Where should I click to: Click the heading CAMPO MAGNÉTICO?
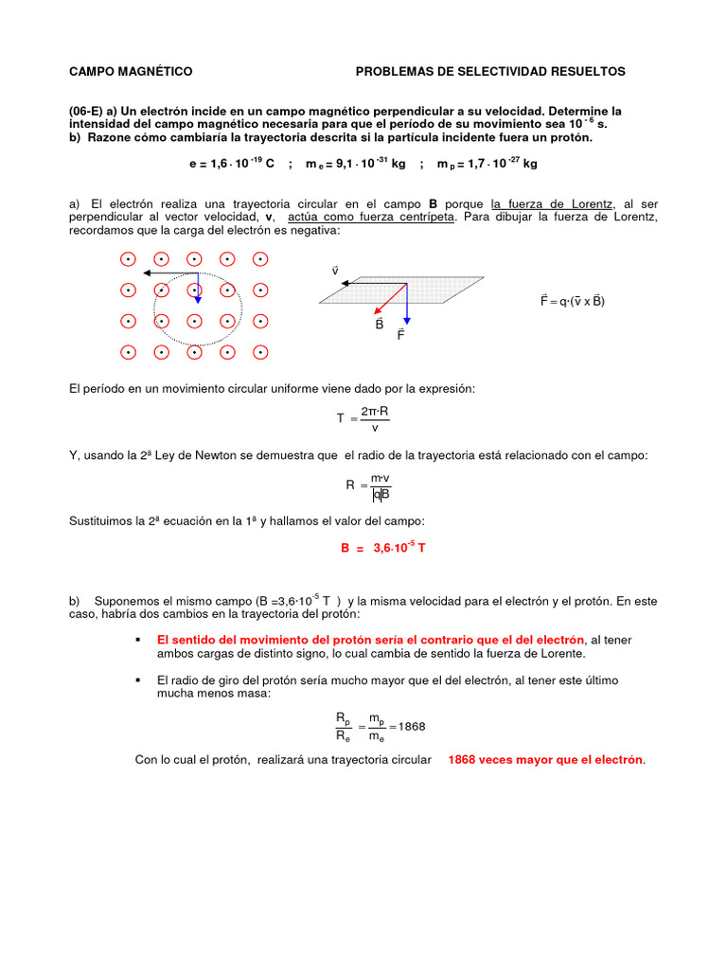coord(131,72)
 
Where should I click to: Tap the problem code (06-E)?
coord(87,112)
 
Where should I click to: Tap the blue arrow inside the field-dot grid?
coord(197,288)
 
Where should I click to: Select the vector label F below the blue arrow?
coord(401,334)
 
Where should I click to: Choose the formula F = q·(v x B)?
coord(572,301)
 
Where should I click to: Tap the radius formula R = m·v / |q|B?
coord(369,486)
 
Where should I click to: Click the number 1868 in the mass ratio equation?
coord(412,727)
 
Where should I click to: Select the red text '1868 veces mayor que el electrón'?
coord(545,760)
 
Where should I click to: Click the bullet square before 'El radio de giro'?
coord(140,680)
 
